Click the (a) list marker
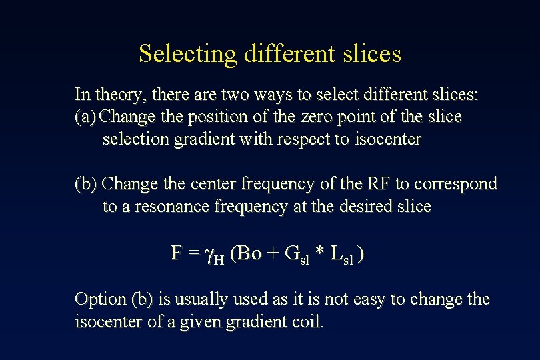(x=86, y=117)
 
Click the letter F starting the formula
(x=176, y=253)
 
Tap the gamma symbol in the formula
(x=209, y=254)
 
